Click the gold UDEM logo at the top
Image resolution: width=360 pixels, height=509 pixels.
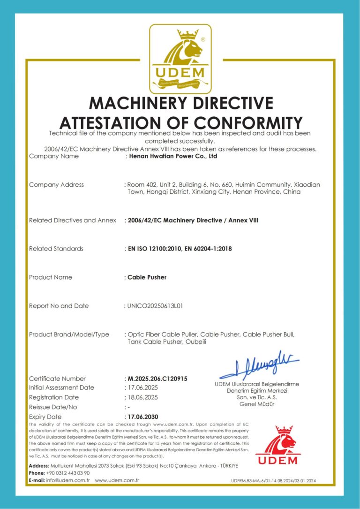pyautogui.click(x=180, y=59)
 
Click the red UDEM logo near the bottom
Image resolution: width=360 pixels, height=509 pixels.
pyautogui.click(x=277, y=445)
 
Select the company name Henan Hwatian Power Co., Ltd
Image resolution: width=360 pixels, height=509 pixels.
pyautogui.click(x=172, y=156)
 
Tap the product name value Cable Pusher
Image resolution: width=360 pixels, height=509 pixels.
pyautogui.click(x=147, y=277)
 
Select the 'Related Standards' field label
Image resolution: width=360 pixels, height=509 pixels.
pyautogui.click(x=56, y=249)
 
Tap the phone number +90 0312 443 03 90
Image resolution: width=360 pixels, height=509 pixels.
pyautogui.click(x=68, y=473)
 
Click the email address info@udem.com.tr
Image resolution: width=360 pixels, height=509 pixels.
pyautogui.click(x=68, y=480)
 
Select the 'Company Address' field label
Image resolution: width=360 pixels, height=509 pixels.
pyautogui.click(x=56, y=185)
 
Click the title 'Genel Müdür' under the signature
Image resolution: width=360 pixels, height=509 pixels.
pyautogui.click(x=257, y=404)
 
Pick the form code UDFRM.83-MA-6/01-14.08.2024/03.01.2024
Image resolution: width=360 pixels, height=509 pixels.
pyautogui.click(x=274, y=481)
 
